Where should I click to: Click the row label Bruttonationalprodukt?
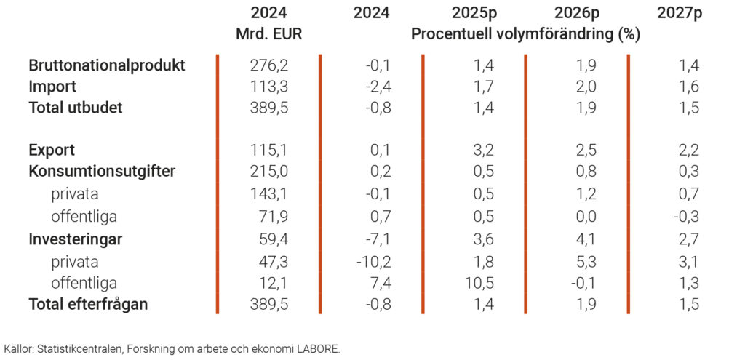tap(107, 65)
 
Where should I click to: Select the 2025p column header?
tap(474, 12)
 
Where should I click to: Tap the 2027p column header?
tap(679, 12)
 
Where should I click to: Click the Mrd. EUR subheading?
tap(268, 34)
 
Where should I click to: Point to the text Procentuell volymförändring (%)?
tap(525, 34)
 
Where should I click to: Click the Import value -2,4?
tap(380, 87)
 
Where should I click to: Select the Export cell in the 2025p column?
tap(483, 151)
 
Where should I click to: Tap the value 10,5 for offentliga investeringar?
tap(479, 283)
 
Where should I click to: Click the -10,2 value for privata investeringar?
tap(376, 261)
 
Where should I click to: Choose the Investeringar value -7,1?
tap(380, 239)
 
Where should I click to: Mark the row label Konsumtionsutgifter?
tap(102, 172)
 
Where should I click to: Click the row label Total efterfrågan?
tap(88, 305)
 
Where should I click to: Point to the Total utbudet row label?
tap(76, 108)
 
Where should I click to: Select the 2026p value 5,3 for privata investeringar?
tap(586, 261)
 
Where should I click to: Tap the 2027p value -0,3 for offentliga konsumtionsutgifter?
tap(687, 217)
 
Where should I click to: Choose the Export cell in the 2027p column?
tap(688, 151)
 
